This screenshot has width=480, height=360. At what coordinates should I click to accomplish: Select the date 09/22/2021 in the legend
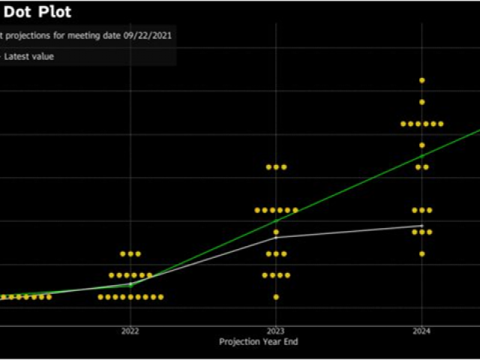point(151,35)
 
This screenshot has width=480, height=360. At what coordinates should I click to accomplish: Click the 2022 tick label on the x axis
point(130,331)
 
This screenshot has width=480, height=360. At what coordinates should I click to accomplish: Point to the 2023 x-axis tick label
point(276,331)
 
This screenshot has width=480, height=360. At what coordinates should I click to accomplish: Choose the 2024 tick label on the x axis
point(421,331)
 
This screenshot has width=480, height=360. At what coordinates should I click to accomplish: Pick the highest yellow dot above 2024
point(422,80)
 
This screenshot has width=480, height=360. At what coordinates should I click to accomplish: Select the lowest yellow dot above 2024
point(422,253)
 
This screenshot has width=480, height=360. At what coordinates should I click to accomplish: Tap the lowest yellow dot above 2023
point(276,297)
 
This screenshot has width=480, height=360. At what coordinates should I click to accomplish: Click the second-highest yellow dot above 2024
point(422,102)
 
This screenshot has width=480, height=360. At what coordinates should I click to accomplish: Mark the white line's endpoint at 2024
point(422,226)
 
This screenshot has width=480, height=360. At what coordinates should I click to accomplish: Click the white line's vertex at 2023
point(276,237)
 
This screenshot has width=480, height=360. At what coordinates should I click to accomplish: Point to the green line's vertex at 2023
point(276,220)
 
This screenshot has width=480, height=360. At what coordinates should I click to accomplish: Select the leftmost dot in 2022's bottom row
point(100,297)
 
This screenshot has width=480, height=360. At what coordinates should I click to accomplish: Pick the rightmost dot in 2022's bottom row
point(160,297)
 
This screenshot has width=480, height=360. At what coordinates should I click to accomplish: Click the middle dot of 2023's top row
point(276,166)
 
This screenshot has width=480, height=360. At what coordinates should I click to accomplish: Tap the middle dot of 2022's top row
point(130,253)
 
